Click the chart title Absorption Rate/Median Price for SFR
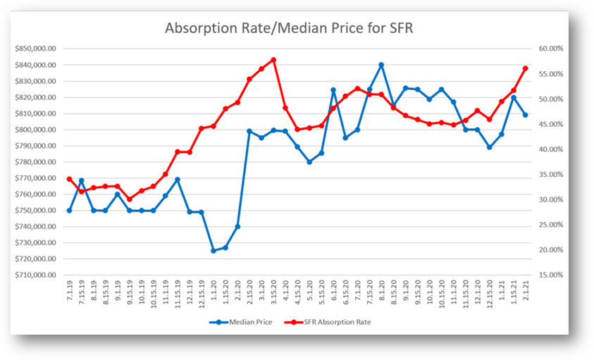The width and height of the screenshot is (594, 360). coord(297,29)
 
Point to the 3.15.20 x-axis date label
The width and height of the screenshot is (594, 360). coord(273,294)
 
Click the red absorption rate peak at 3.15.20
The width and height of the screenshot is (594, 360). coord(273,60)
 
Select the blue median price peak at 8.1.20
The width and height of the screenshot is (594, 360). coord(381,65)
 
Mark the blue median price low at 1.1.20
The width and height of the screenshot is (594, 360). coord(214,250)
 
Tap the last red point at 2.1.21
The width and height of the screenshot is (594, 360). coord(525,68)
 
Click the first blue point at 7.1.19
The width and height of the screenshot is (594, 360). coord(70,211)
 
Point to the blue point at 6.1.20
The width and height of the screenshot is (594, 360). coord(333,90)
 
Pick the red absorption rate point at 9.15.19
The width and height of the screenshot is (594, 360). coord(130,199)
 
